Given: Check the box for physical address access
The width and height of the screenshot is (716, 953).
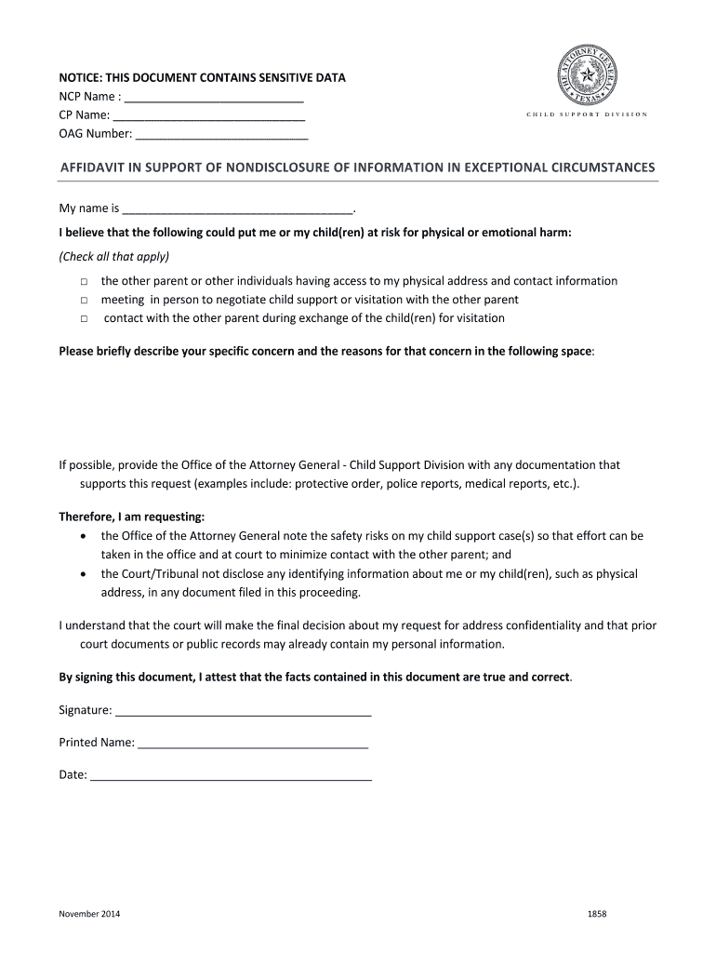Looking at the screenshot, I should coord(83,281).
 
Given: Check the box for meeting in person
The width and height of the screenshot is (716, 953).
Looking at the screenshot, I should coord(83,300).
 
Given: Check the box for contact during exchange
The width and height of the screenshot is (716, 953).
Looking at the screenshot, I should coord(83,318).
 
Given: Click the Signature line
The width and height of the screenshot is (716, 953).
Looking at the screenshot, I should coord(244,713).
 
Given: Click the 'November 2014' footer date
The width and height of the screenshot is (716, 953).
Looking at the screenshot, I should coord(89,914).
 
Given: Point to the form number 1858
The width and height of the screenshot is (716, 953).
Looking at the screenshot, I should coord(597,914).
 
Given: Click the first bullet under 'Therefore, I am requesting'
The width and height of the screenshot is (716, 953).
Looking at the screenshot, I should coord(85,537).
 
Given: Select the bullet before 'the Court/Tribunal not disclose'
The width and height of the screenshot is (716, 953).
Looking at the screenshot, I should coord(85,574).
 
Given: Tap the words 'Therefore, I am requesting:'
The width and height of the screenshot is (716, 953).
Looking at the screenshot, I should coord(131,517).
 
